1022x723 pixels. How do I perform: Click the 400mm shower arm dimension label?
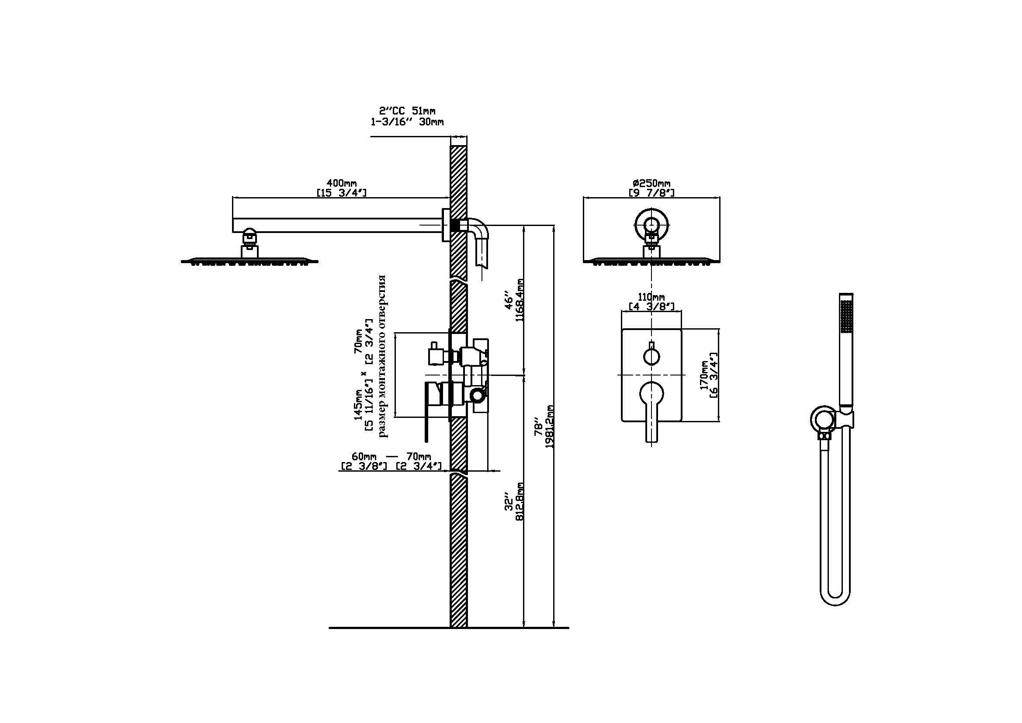(x=342, y=183)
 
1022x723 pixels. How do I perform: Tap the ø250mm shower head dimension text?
(x=651, y=183)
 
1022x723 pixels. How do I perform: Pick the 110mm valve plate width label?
(x=651, y=297)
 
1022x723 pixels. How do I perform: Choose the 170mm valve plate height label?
(x=704, y=375)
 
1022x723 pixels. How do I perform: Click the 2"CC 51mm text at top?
(x=407, y=111)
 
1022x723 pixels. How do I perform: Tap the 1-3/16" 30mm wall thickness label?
(x=407, y=122)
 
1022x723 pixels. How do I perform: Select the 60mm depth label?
(x=364, y=456)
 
